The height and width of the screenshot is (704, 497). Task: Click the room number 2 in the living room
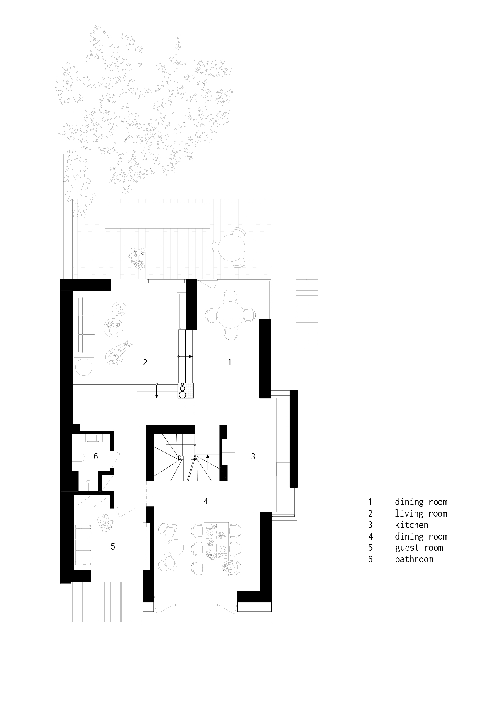145,362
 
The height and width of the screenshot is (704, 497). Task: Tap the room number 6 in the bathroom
96,457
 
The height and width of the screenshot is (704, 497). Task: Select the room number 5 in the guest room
113,546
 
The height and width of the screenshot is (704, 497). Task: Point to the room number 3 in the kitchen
253,457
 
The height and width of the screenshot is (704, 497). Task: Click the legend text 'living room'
421,514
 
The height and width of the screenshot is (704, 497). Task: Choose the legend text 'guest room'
419,548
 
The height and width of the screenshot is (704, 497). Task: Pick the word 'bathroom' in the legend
414,559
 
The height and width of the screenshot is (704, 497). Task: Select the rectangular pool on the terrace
157,215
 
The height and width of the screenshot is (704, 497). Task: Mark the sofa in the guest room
83,545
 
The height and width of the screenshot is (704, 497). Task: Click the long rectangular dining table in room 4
216,549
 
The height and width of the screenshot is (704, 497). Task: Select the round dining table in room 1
230,315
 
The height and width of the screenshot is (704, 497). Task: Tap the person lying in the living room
118,354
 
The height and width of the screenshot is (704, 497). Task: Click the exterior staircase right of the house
307,314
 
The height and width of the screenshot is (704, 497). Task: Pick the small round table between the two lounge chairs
176,547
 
